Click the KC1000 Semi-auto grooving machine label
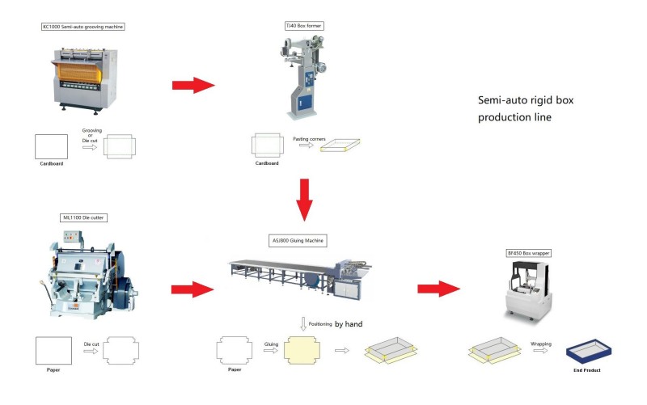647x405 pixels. (83, 27)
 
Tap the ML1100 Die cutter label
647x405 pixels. (84, 217)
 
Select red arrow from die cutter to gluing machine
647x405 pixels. (192, 289)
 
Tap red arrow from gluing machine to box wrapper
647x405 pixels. (438, 289)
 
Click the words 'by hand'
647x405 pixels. (349, 323)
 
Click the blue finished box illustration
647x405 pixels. (591, 350)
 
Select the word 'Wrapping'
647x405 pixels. (541, 344)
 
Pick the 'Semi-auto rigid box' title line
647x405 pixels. (525, 99)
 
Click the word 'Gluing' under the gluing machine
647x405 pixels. (271, 343)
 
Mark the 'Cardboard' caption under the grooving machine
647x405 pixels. (51, 163)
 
